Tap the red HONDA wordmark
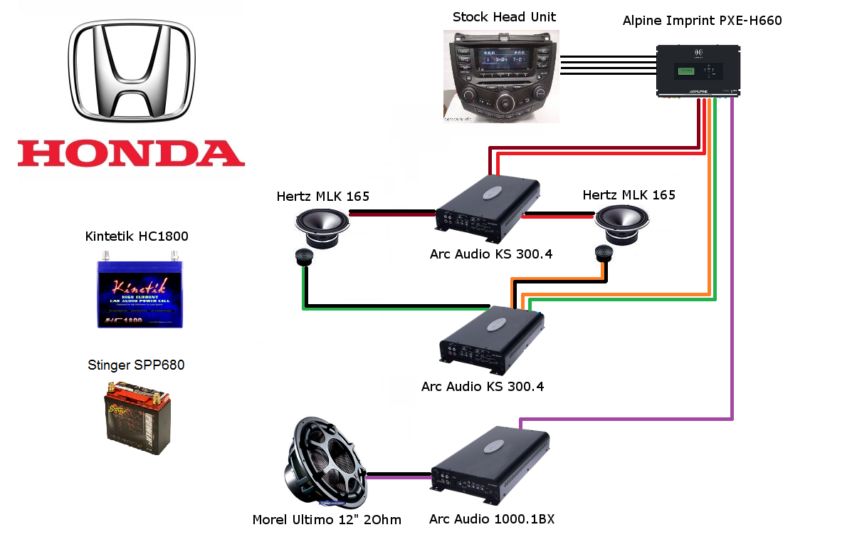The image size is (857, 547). [131, 153]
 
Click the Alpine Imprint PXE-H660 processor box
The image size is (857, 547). [698, 71]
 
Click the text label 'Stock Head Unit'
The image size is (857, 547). [504, 17]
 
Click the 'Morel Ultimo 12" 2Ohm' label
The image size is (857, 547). [327, 520]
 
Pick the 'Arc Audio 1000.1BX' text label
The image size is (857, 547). [492, 519]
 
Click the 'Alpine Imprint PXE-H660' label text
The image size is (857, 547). [702, 21]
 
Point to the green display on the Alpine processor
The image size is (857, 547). [685, 71]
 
